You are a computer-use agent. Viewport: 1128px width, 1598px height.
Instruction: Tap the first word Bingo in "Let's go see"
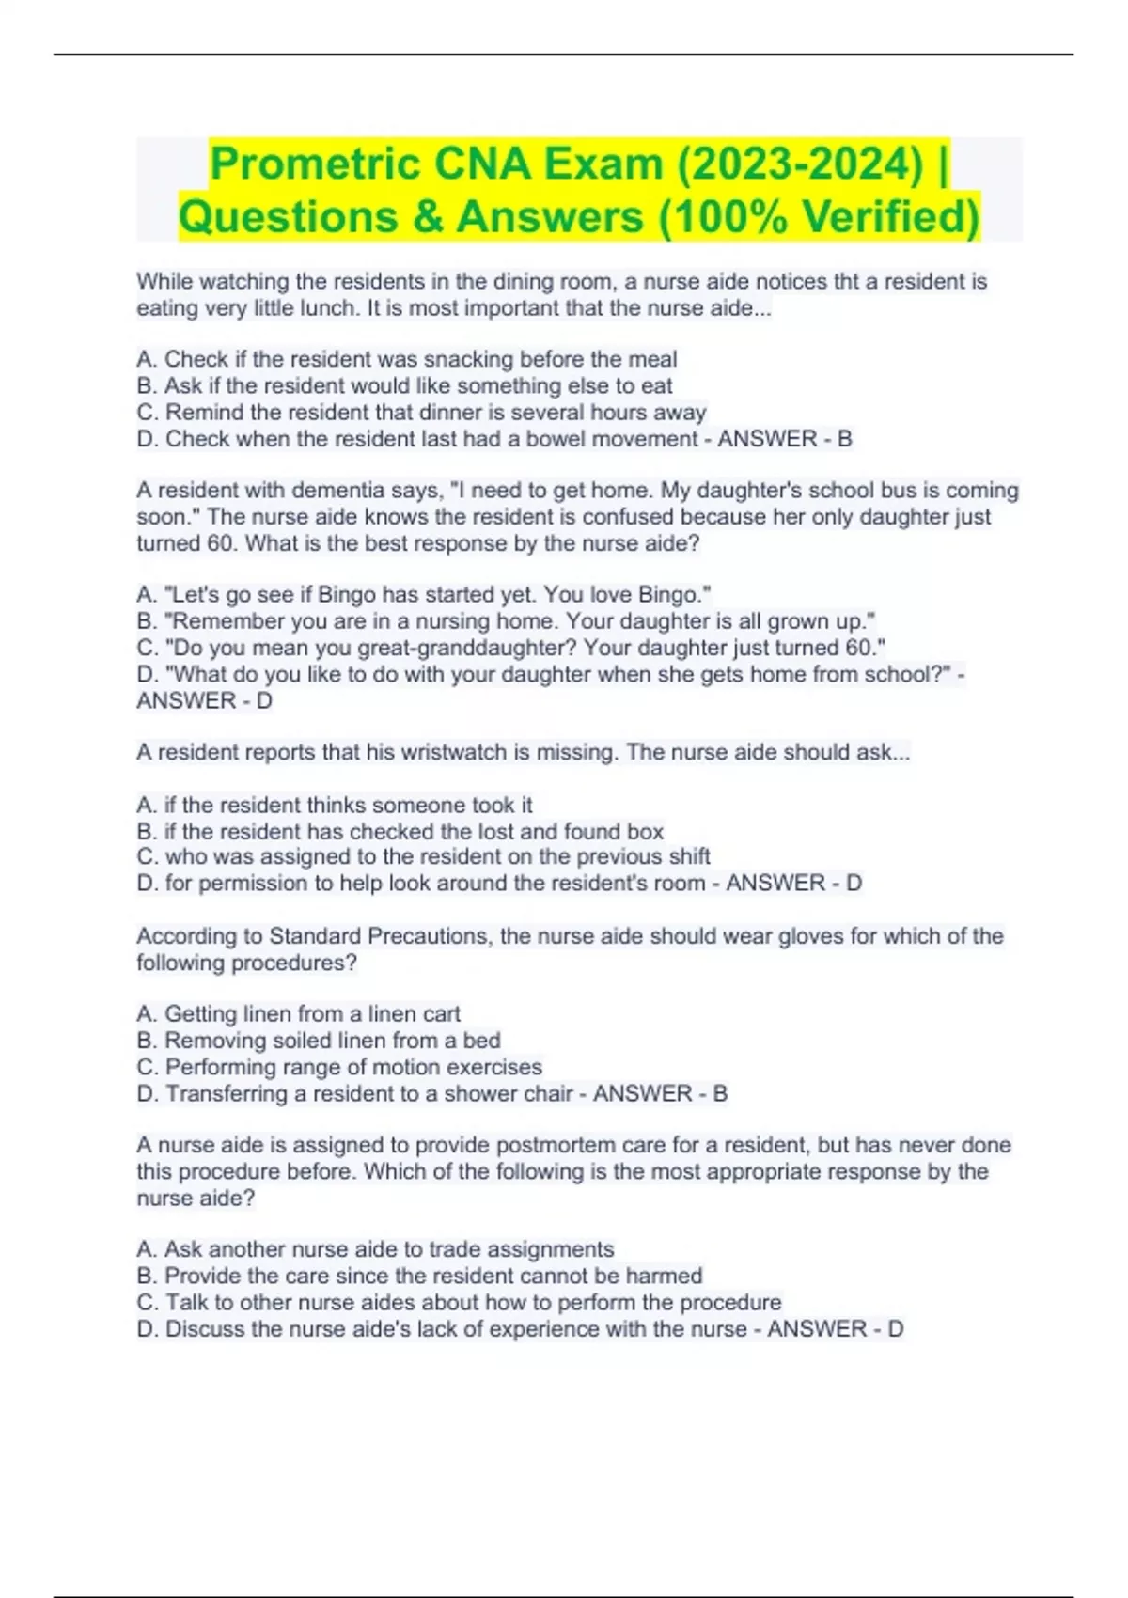350,595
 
